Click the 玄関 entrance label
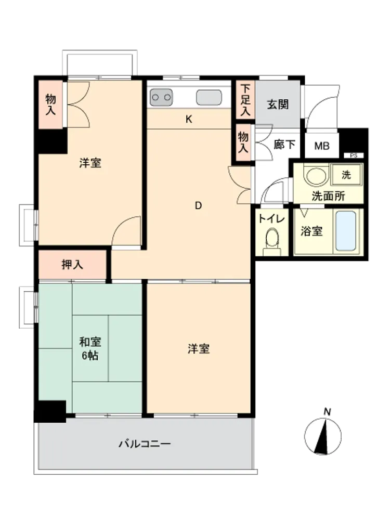278,105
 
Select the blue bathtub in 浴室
346,231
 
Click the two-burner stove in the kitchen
161,97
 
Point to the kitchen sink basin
209,98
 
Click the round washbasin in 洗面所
316,174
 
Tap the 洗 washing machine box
346,174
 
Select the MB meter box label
322,146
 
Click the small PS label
354,155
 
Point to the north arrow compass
323,436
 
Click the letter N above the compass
327,412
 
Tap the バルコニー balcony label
145,444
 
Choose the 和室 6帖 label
90,348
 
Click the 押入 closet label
72,265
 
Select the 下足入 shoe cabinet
245,100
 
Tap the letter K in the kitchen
189,120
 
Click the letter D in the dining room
198,206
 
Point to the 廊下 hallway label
284,144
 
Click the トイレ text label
271,219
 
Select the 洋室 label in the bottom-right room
199,349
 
